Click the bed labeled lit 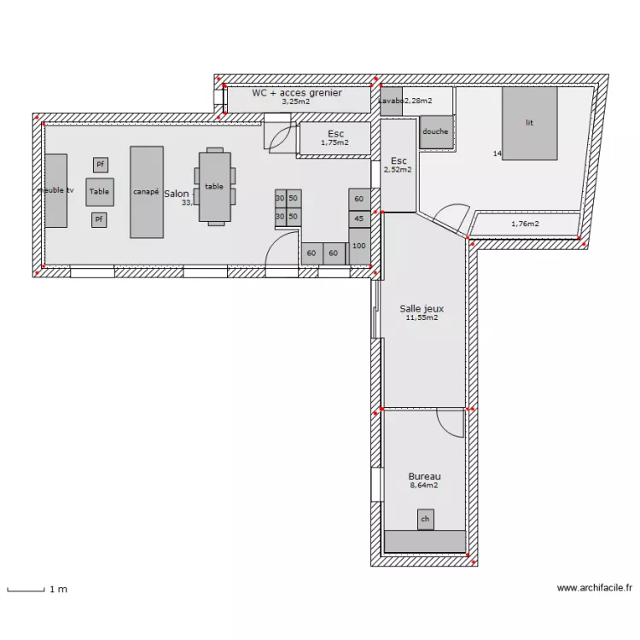[529, 123]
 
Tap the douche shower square [435, 132]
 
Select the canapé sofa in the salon [146, 192]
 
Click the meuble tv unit [55, 190]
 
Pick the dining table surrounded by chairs [214, 186]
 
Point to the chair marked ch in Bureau [425, 519]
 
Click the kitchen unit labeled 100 [359, 246]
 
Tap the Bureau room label [424, 476]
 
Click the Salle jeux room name [422, 309]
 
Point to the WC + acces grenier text [296, 92]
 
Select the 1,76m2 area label [525, 224]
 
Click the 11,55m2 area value [422, 318]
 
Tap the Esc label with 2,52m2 [399, 160]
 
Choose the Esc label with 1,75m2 [335, 134]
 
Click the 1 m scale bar [26, 589]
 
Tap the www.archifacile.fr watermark [595, 588]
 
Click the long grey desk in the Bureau [425, 541]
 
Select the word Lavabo [391, 101]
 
